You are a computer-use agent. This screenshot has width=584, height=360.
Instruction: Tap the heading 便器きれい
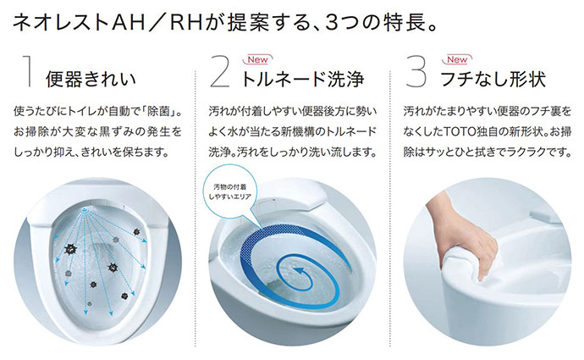tap(92, 80)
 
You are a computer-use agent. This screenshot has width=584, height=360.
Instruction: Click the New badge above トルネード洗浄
tap(256, 59)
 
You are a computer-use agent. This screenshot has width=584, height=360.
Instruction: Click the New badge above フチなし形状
tap(456, 59)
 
